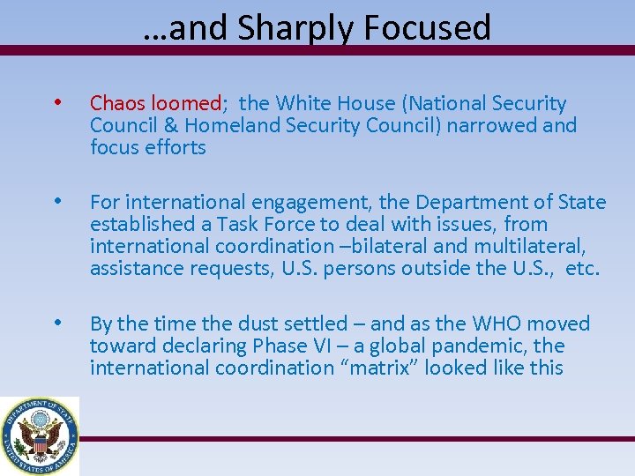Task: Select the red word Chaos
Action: [x=118, y=104]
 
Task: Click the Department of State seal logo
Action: [x=39, y=435]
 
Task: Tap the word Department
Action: [x=470, y=203]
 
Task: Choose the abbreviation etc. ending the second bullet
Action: [x=582, y=269]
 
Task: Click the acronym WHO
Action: [x=482, y=324]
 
